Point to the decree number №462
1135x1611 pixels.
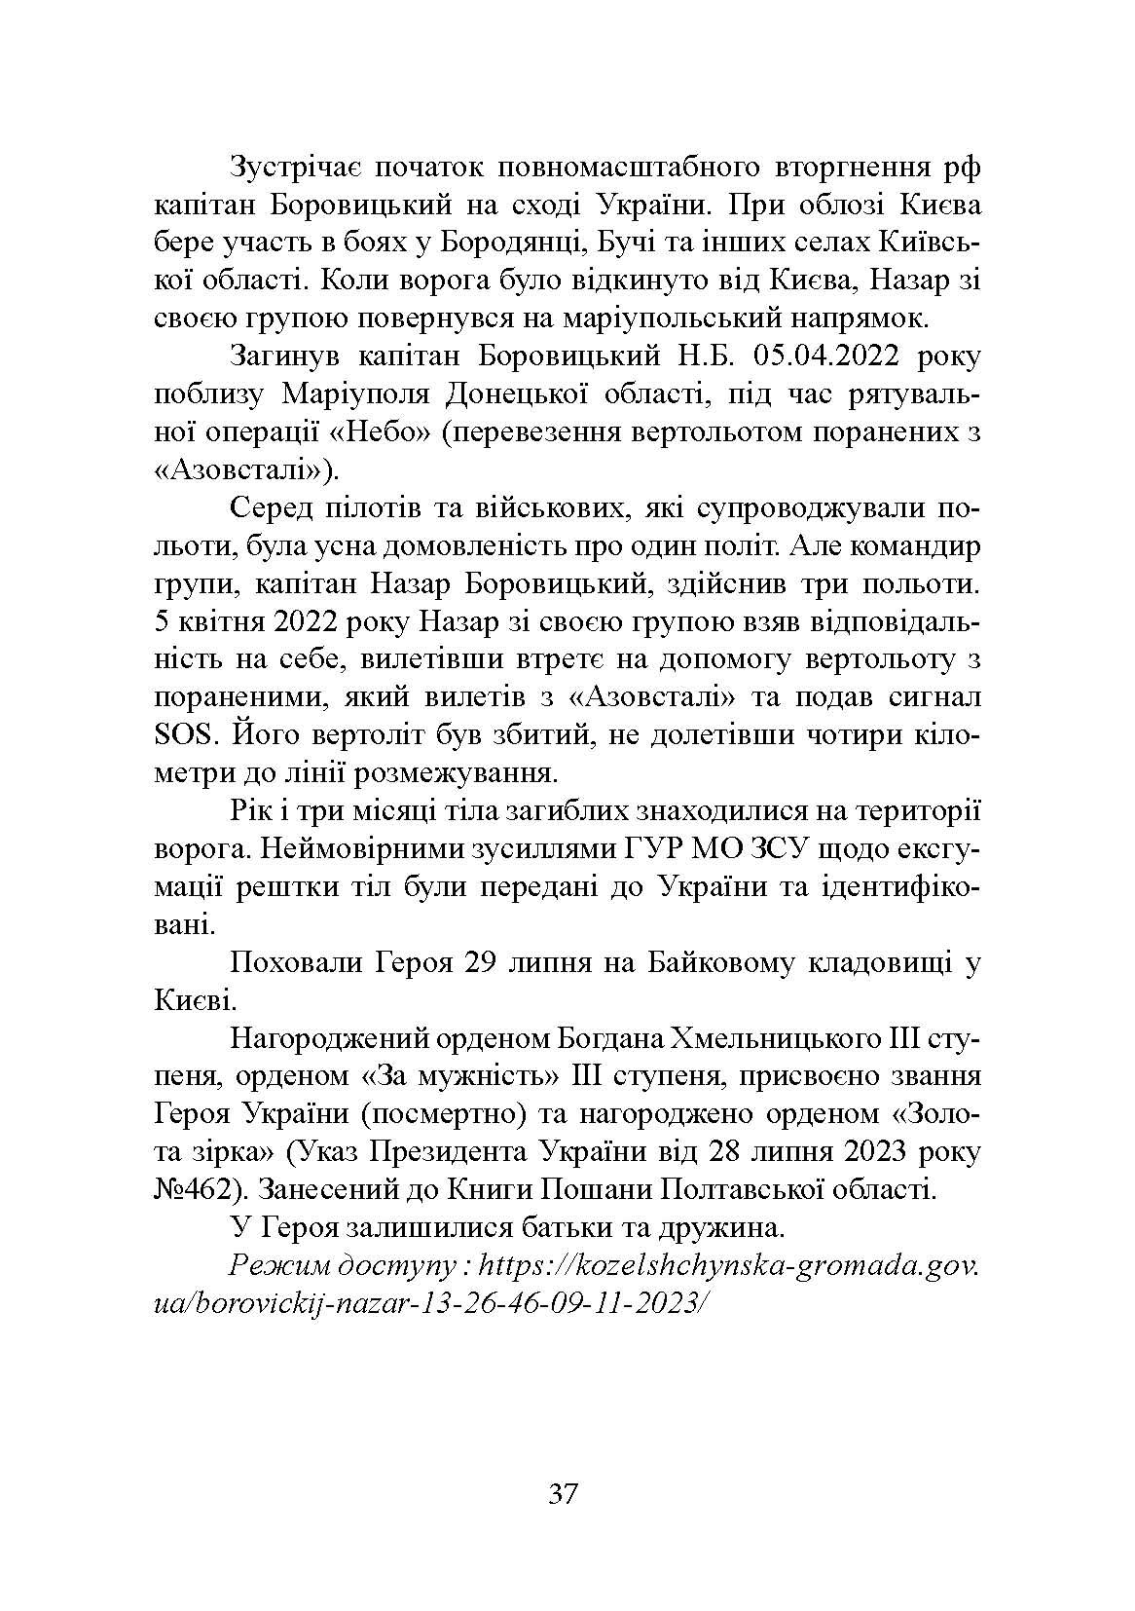tap(191, 1189)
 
